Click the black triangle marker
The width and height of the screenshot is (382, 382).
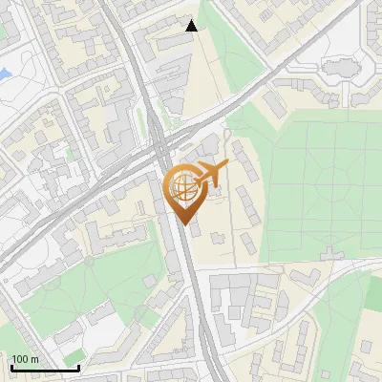point(192,26)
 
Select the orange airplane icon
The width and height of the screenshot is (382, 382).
point(211,174)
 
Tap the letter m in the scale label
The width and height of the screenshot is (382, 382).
point(35,359)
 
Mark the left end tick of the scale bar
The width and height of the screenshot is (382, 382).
point(11,367)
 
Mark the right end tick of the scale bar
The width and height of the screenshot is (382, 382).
point(78,367)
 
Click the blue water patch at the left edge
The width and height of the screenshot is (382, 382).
point(4,73)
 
